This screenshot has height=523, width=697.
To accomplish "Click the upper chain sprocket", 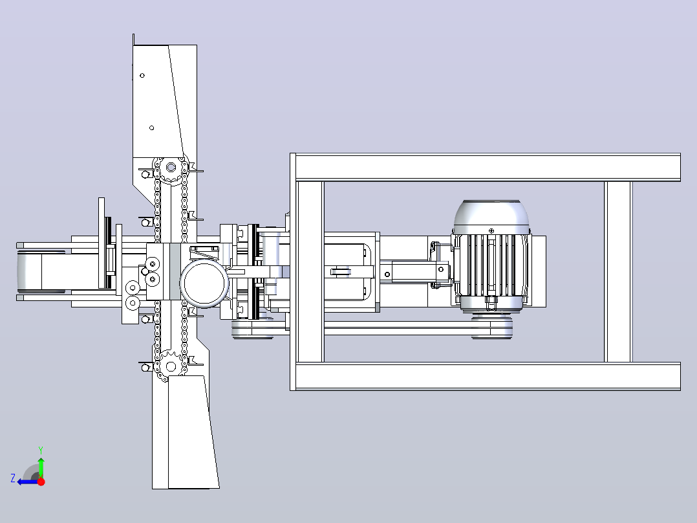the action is (x=171, y=168).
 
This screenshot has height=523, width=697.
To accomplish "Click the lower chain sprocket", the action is (x=171, y=367).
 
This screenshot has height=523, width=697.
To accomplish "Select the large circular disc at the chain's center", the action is (x=204, y=284).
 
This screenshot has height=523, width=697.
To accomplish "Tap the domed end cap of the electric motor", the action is (x=491, y=217).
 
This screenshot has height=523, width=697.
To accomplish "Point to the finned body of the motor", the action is (x=491, y=266).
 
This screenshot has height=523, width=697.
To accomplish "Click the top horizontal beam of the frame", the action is (x=486, y=167).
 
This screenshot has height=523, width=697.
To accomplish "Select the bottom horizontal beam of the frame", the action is (x=486, y=377).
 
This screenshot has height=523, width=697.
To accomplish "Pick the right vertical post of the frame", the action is (x=618, y=271).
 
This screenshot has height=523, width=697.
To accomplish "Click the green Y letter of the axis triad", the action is (x=41, y=451).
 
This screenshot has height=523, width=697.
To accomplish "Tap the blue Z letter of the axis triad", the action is (x=13, y=478).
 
